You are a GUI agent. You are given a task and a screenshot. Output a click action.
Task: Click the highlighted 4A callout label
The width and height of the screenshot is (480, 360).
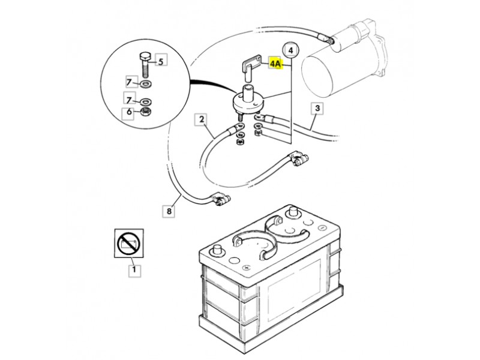point(275,64)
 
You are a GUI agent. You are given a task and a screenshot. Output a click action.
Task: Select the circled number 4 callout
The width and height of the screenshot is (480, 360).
point(291,50)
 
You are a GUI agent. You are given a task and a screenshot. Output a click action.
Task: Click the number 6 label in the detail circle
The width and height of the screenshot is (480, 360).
point(129,112)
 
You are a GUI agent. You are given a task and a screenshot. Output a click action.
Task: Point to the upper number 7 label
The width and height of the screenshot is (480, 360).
point(129,82)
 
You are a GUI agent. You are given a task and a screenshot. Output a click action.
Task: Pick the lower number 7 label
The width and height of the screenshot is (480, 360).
point(129,100)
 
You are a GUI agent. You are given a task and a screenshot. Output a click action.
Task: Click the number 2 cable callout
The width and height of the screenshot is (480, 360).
point(201,119)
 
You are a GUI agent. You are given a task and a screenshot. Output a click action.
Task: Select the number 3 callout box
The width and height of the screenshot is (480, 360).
point(317,108)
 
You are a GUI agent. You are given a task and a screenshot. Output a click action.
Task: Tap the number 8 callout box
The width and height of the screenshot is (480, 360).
point(169,211)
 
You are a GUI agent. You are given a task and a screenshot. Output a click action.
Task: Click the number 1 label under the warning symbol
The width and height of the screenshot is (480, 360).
point(134,271)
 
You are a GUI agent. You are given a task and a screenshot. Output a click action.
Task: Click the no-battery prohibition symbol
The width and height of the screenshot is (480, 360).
point(128,244)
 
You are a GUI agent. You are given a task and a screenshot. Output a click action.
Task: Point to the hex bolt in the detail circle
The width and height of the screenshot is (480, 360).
point(145,65)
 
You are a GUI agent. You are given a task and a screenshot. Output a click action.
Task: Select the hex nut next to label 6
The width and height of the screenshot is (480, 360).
point(145,112)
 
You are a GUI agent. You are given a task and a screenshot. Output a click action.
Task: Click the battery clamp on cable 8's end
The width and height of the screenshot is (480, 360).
point(220,199)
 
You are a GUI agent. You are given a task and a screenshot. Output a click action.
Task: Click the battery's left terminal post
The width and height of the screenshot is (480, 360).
point(218,250)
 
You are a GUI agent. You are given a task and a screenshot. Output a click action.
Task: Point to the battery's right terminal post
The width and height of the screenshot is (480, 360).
point(292,212)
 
